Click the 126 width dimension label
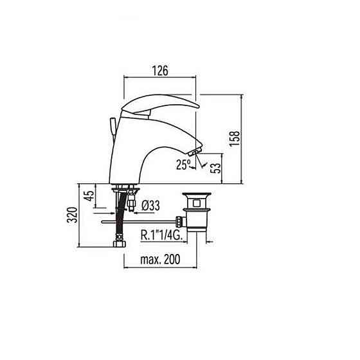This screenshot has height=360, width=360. pos(160,70)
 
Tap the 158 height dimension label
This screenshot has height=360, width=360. pos(235,138)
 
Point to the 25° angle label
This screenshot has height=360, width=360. pos(183,165)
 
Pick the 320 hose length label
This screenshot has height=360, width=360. pos(72,215)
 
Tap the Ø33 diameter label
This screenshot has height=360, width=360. pos(150,206)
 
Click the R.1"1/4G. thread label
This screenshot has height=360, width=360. pos(161,235)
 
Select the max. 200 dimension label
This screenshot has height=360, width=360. pos(160,259)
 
